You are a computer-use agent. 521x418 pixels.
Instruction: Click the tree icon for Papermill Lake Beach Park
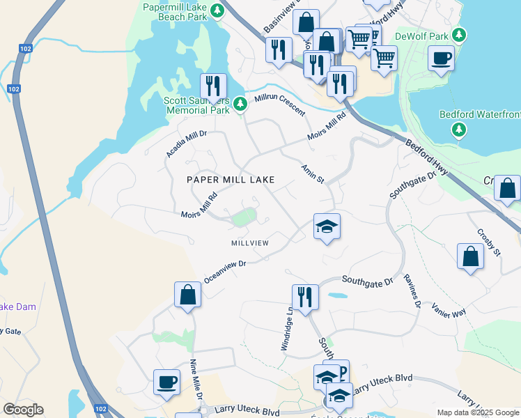click(x=218, y=10)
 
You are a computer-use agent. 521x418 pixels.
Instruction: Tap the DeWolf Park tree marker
click(x=458, y=35)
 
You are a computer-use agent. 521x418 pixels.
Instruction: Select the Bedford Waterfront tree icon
click(x=458, y=129)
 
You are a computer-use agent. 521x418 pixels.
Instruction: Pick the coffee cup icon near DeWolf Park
click(x=441, y=59)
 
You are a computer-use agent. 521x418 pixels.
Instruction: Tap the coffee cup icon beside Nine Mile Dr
click(x=167, y=382)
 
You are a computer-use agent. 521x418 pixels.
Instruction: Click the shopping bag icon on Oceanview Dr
click(x=187, y=294)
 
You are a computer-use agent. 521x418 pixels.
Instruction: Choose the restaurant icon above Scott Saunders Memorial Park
click(x=213, y=86)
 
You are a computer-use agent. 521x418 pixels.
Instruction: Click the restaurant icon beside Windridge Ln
click(x=304, y=296)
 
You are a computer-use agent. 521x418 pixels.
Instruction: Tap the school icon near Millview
click(x=327, y=226)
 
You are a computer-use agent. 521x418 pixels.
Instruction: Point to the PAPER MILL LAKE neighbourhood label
click(x=231, y=180)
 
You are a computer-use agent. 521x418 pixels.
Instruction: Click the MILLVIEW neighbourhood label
click(x=250, y=242)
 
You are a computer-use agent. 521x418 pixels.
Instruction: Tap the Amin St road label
click(x=313, y=174)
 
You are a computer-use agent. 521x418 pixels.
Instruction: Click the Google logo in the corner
click(x=23, y=410)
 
